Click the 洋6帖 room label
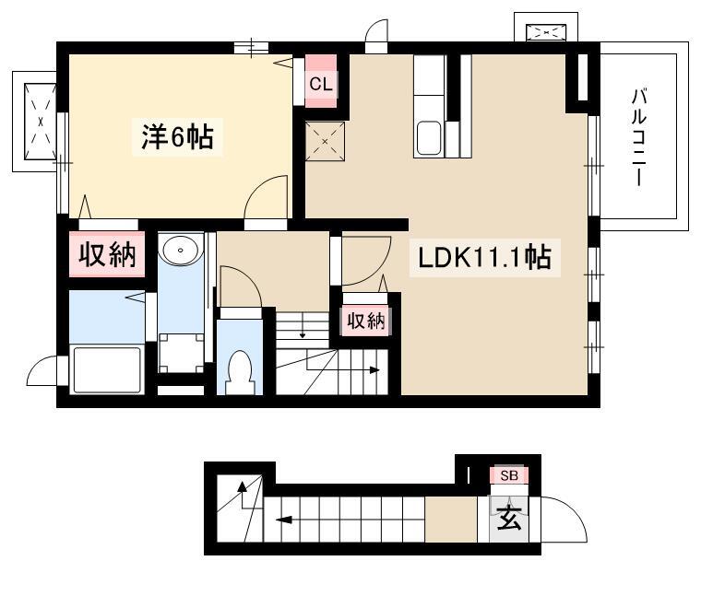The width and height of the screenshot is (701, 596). pos(177,136)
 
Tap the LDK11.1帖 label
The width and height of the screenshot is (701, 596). pos(484,258)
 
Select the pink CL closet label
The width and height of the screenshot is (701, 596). pos(321,84)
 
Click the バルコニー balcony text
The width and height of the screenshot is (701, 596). pos(639,137)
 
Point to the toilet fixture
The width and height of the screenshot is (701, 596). pos(240,372)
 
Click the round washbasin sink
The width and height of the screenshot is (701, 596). pos(180,250)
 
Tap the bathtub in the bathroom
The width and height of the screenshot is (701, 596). pos(107,369)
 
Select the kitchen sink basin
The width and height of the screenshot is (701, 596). pos(430,138)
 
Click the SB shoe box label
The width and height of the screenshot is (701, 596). pos(509,475)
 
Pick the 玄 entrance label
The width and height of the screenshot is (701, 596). pos(509,518)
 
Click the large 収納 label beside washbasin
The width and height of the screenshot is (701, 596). pos(107,255)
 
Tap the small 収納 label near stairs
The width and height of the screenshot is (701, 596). pos(366,321)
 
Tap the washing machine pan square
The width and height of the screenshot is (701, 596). pos(181,352)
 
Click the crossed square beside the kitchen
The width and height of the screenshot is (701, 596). pos(325,142)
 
